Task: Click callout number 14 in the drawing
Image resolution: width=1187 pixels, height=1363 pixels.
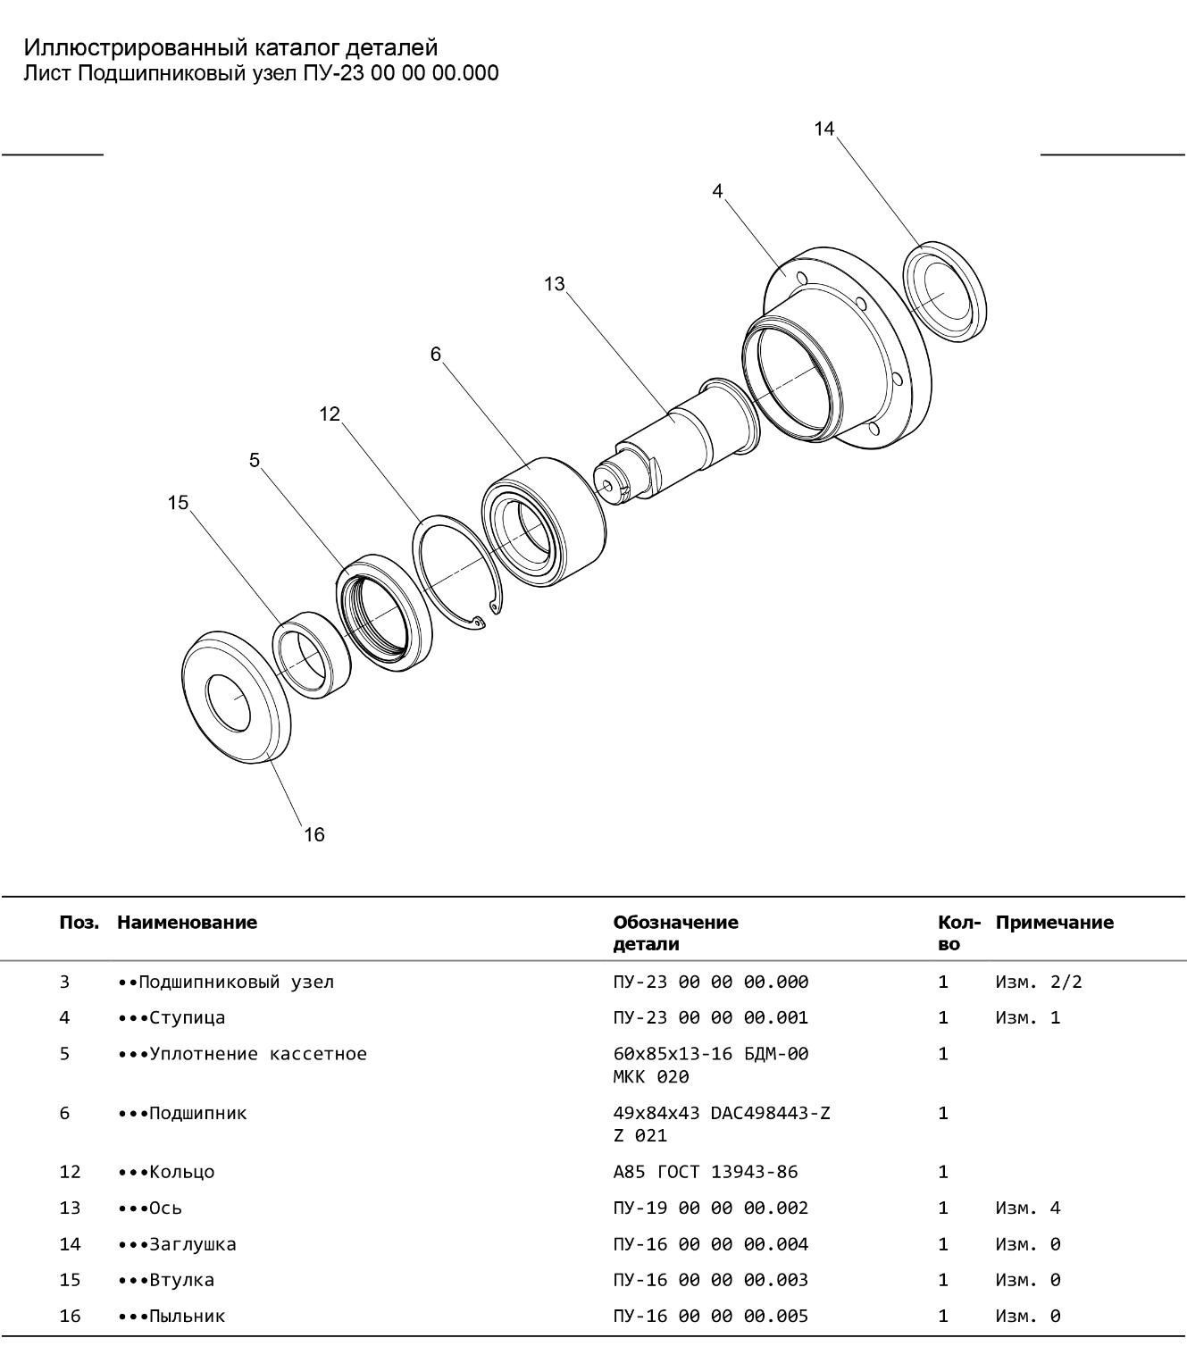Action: click(x=823, y=129)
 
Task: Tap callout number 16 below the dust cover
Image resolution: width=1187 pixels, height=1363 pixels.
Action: click(x=313, y=834)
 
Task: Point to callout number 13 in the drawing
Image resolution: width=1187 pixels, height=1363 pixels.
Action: click(x=554, y=283)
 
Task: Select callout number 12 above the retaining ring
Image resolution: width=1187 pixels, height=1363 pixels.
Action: click(x=330, y=414)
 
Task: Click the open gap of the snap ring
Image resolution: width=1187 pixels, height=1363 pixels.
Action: click(x=489, y=616)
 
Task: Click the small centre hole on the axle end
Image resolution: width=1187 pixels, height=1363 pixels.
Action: click(x=608, y=486)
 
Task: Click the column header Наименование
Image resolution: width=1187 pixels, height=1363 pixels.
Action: click(x=187, y=922)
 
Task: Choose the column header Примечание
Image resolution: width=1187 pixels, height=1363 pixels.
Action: click(x=1054, y=922)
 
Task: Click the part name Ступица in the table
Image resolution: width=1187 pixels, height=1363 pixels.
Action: click(x=187, y=1017)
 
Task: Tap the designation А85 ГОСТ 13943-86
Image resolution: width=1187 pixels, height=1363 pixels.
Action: click(x=705, y=1171)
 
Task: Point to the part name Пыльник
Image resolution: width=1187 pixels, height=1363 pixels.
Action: click(x=187, y=1316)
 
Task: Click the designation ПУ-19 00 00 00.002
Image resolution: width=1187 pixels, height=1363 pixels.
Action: click(x=710, y=1208)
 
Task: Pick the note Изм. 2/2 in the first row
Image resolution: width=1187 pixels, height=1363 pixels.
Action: click(x=1038, y=982)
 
